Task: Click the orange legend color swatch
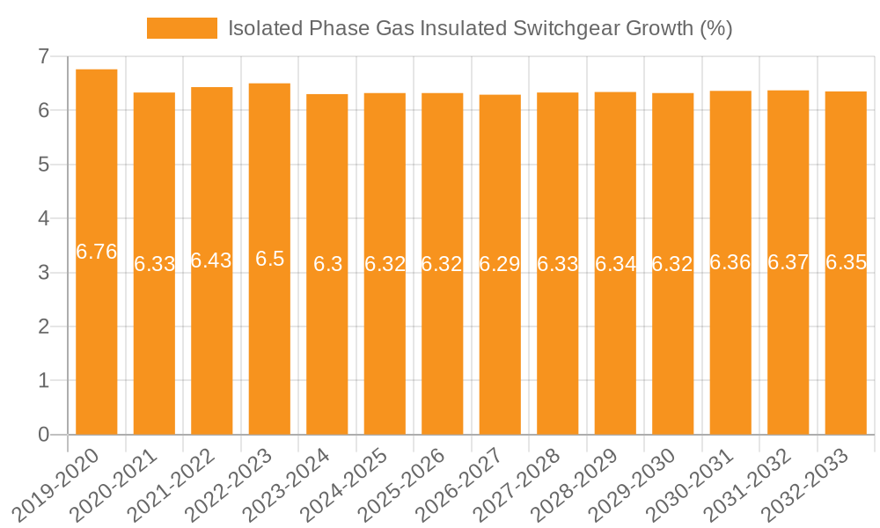(181, 28)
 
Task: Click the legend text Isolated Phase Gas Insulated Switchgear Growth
(480, 28)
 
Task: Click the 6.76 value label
(97, 252)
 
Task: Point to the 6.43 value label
(212, 260)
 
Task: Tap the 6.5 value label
(269, 259)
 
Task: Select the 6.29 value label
(500, 264)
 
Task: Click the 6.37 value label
(788, 262)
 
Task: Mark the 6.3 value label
(327, 264)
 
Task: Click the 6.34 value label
(615, 263)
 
